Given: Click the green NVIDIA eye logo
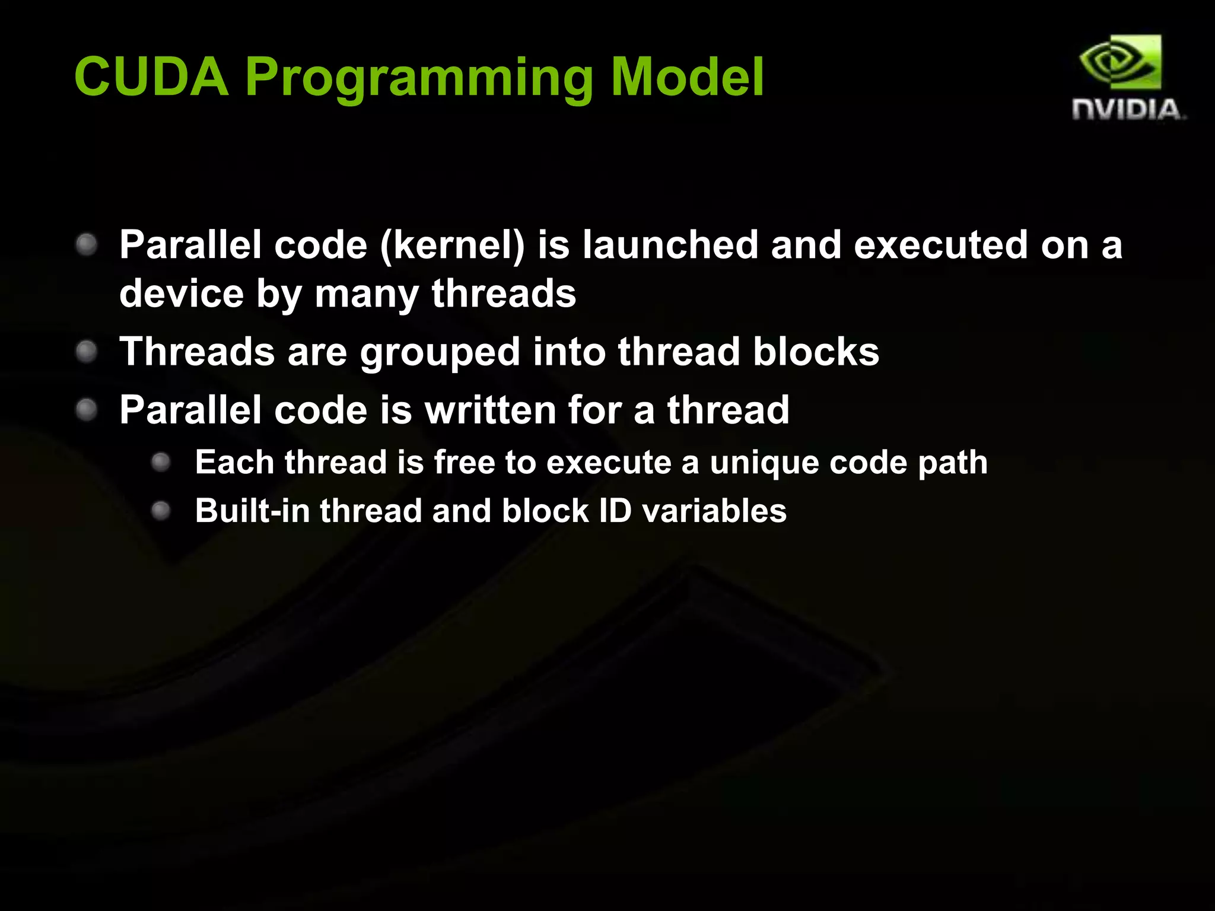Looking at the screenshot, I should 1120,63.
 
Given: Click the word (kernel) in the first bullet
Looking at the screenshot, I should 452,244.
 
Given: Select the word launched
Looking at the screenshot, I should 670,244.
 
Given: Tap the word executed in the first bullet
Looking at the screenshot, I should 940,244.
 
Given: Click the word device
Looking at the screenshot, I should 182,293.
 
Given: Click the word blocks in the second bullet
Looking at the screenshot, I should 816,351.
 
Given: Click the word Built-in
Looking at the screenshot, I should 252,511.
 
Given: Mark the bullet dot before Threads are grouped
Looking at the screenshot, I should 87,352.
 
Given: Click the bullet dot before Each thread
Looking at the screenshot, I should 161,462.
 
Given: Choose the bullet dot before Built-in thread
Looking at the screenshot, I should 161,511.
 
